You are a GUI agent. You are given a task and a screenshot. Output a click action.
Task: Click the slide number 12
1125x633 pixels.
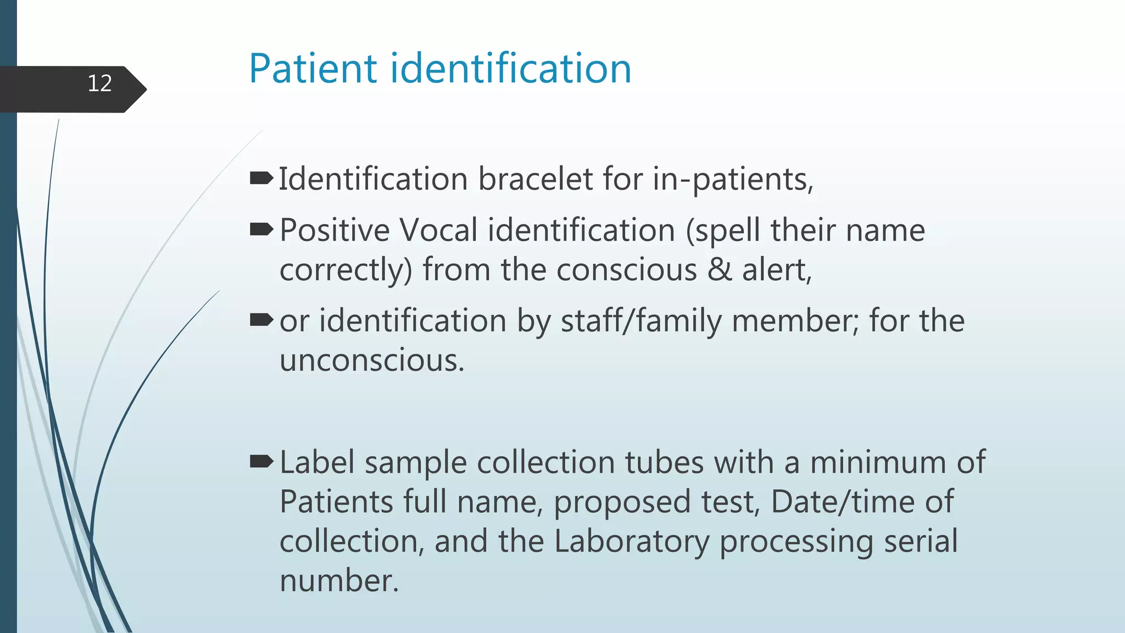(x=99, y=84)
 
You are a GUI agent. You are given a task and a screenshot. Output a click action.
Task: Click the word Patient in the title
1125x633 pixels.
(x=313, y=69)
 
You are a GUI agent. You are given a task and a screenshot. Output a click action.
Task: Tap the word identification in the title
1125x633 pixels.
(x=511, y=69)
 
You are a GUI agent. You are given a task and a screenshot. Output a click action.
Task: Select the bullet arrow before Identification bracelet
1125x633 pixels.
(x=261, y=178)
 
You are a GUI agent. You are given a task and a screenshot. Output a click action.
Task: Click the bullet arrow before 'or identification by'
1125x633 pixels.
(x=261, y=320)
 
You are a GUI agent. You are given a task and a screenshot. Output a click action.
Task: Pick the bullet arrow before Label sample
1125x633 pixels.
(x=261, y=462)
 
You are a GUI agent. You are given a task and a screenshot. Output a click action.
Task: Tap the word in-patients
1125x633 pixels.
(x=733, y=180)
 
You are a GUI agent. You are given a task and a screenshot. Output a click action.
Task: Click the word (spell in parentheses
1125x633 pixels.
(x=723, y=231)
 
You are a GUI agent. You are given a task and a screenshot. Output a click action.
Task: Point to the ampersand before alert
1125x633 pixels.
(x=720, y=270)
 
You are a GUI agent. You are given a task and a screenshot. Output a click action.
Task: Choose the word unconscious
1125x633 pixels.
(x=372, y=361)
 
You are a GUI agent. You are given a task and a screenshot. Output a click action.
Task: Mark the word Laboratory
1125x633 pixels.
(x=632, y=541)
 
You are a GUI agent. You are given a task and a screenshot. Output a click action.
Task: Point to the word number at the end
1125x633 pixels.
(x=339, y=581)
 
